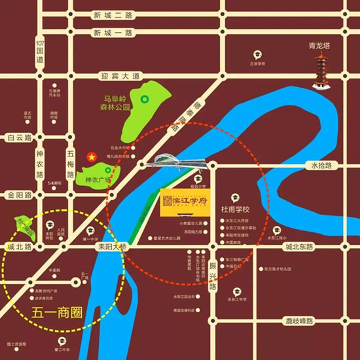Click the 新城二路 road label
tap(112, 14)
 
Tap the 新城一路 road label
tap(112, 33)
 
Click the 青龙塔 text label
tap(321, 47)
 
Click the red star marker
tap(92, 157)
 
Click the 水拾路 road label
tap(322, 166)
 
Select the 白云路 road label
tap(19, 137)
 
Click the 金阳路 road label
tap(19, 195)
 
